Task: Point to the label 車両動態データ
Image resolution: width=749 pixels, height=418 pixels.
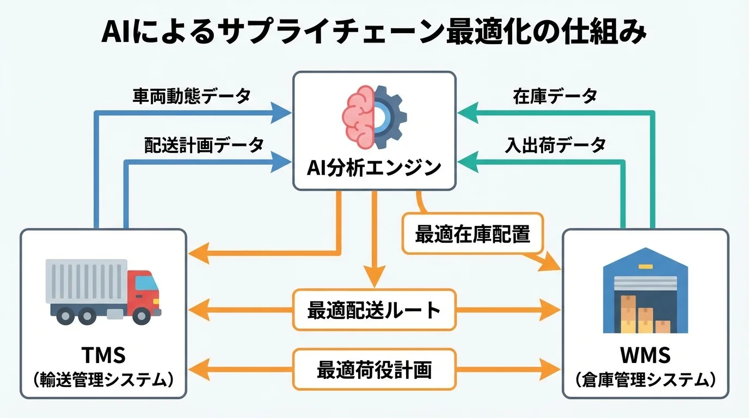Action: click(x=192, y=96)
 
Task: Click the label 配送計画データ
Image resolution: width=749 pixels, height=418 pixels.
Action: click(x=204, y=145)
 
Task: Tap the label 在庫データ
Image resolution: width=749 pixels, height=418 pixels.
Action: click(x=555, y=96)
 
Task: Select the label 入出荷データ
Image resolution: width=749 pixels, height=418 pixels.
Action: click(x=555, y=145)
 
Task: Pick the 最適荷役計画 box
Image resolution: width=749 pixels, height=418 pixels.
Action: click(x=374, y=370)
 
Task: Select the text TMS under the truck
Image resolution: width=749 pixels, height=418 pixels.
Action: click(x=103, y=355)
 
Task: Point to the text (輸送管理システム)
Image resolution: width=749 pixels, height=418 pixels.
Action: click(x=103, y=379)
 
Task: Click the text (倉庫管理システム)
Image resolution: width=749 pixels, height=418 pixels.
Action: click(x=645, y=379)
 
